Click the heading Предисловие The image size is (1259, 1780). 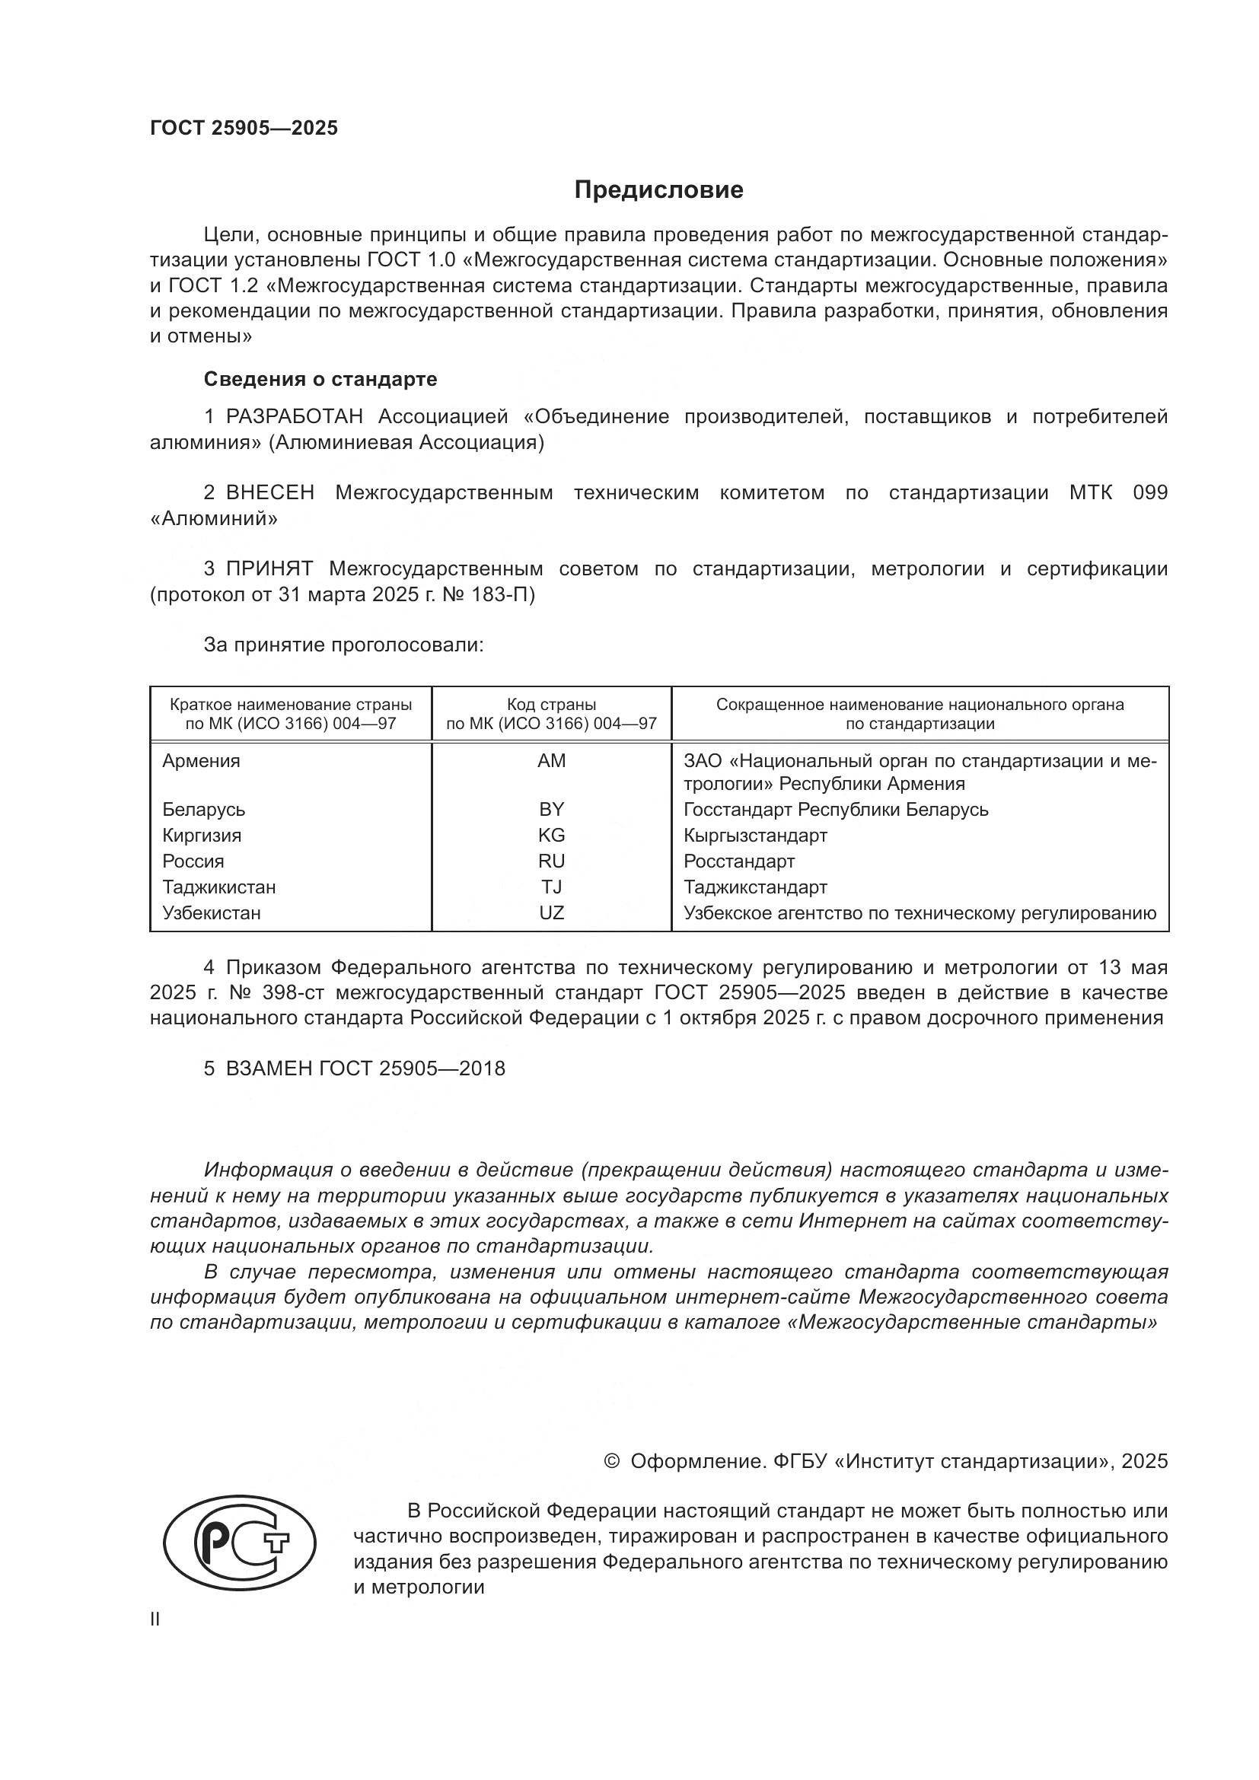coord(658,190)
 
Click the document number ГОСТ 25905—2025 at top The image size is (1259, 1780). coord(244,129)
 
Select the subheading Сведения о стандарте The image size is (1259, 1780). coord(320,379)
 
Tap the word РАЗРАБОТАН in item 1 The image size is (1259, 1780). coord(295,417)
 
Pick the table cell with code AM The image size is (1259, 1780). coord(551,761)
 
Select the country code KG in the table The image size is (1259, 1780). coord(551,836)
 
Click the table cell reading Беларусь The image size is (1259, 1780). coord(204,810)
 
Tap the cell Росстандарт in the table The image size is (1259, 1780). coord(739,861)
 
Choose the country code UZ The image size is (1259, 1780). coord(551,913)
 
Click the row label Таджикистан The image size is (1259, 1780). coord(218,887)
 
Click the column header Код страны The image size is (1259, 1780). coord(551,705)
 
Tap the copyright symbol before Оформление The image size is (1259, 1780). coord(611,1461)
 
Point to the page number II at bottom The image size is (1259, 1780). coord(155,1619)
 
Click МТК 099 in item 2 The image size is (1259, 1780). coord(1117,493)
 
